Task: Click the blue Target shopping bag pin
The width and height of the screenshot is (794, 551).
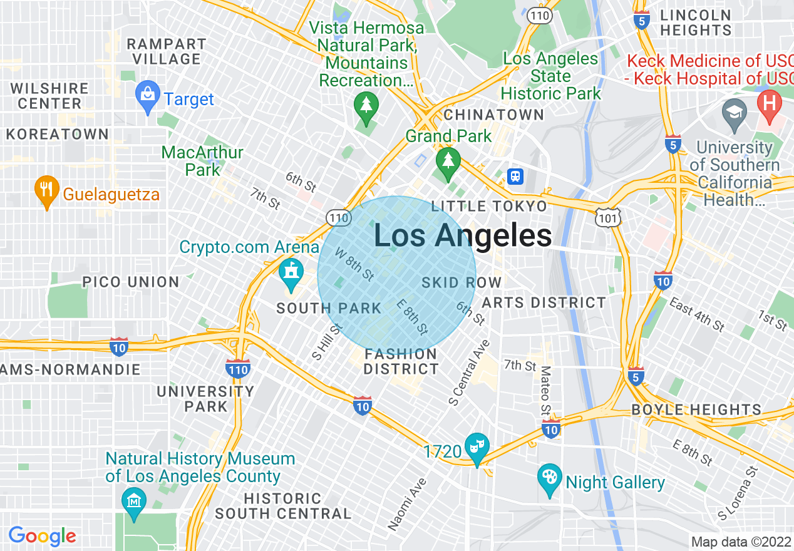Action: click(148, 96)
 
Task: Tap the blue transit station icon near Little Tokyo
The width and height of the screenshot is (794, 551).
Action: click(515, 177)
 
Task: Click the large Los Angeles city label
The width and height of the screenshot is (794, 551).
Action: click(463, 236)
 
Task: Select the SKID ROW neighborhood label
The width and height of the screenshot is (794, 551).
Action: click(461, 282)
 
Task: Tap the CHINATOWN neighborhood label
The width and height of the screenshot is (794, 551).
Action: click(493, 115)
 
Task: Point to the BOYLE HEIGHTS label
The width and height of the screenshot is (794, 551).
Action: click(696, 410)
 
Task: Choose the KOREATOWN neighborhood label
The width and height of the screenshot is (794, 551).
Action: click(58, 134)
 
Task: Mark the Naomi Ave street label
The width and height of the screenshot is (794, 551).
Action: click(408, 504)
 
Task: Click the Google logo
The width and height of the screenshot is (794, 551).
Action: click(42, 537)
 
